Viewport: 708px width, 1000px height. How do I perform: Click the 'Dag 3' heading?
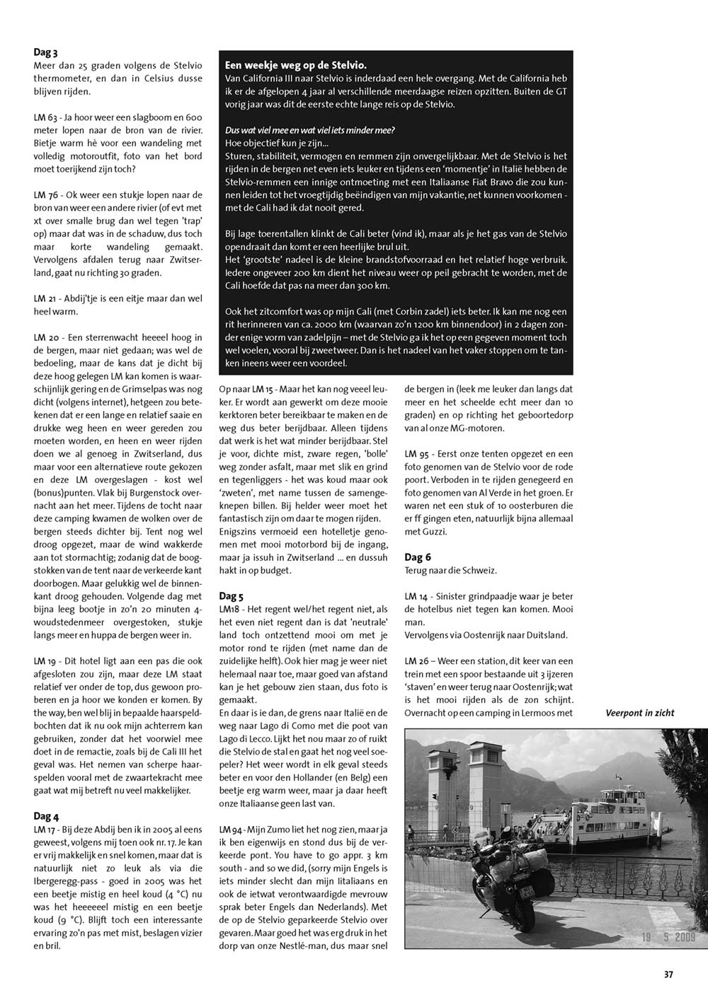tap(45, 52)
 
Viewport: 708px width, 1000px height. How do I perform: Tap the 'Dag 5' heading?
tap(232, 596)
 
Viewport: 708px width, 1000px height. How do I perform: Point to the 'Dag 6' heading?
tap(418, 557)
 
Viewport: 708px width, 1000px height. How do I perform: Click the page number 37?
tap(668, 974)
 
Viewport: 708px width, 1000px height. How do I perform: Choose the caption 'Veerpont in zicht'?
tap(639, 713)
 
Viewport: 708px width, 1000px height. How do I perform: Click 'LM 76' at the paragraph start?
tap(45, 194)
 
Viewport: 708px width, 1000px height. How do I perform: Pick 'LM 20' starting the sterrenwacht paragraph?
tap(45, 337)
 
